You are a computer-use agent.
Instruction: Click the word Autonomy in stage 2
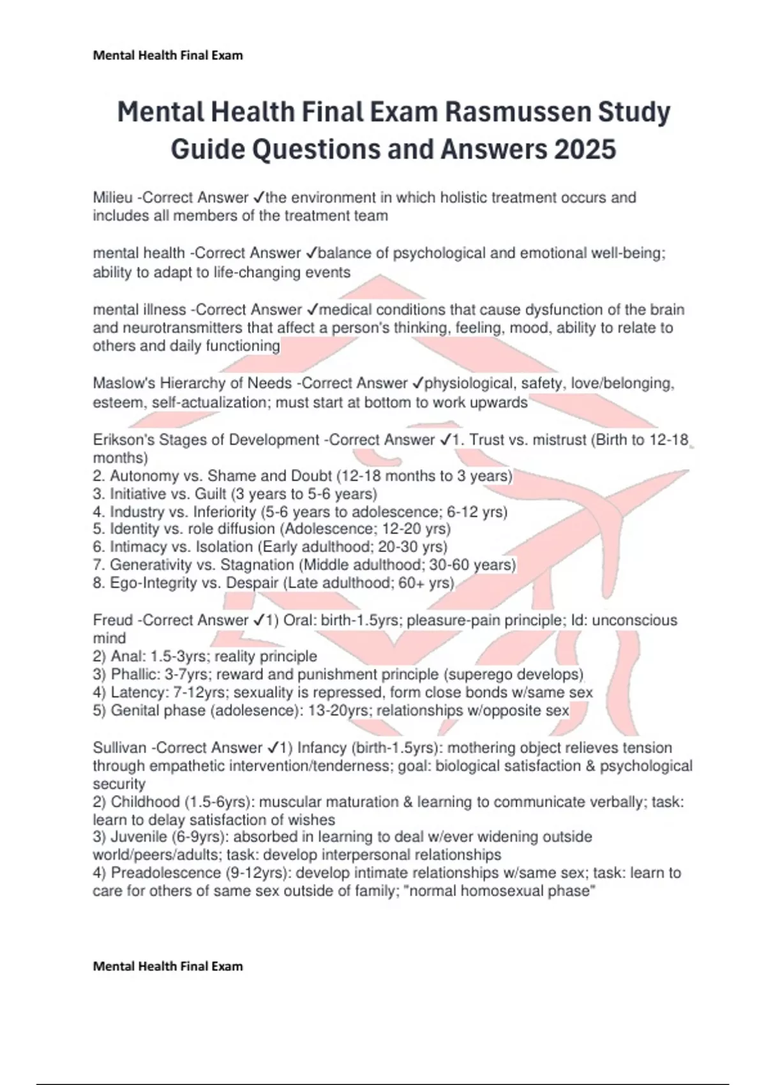[x=144, y=476]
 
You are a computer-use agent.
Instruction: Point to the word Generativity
[x=149, y=565]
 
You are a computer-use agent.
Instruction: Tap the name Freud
[x=112, y=620]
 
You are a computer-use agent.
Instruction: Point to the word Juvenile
[x=137, y=837]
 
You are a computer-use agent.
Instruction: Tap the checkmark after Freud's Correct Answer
[x=259, y=620]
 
